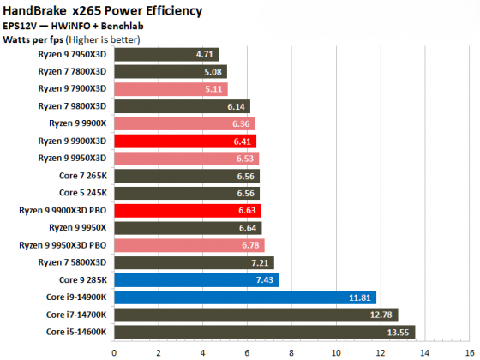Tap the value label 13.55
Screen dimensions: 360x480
point(399,332)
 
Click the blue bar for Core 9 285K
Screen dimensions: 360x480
point(196,279)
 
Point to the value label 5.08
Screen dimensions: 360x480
point(215,71)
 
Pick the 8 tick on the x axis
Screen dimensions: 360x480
point(290,350)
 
